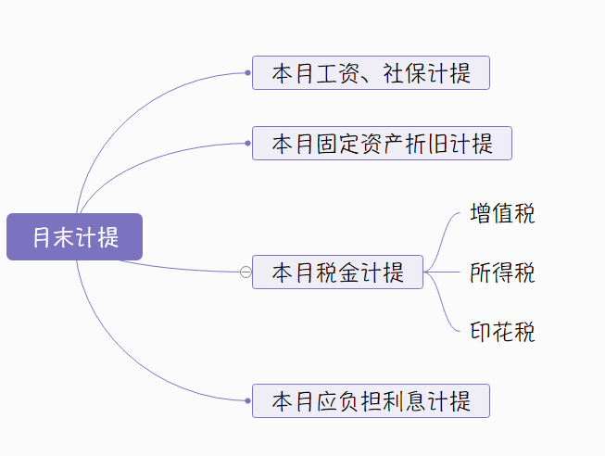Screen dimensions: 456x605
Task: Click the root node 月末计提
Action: (x=74, y=236)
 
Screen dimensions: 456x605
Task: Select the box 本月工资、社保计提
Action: (x=371, y=73)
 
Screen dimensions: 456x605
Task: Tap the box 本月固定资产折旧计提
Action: (x=382, y=144)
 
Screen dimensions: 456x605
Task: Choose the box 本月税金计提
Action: (x=337, y=272)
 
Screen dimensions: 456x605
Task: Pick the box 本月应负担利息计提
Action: (x=371, y=401)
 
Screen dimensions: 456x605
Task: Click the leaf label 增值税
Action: (x=502, y=214)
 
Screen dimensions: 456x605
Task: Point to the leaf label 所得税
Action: (x=502, y=273)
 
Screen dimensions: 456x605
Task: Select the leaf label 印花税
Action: (x=502, y=332)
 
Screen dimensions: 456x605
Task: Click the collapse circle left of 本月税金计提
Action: (x=246, y=272)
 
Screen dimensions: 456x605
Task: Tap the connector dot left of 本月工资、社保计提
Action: (x=248, y=73)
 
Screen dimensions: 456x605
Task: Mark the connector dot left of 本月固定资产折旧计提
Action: (x=248, y=144)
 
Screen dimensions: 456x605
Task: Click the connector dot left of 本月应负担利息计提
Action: (x=248, y=401)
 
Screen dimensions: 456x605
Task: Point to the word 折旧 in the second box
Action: (x=427, y=144)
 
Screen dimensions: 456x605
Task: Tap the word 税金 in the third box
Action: (x=338, y=272)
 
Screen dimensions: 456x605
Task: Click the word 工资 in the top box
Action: (x=327, y=73)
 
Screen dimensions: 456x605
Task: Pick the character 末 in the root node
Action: (x=65, y=237)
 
